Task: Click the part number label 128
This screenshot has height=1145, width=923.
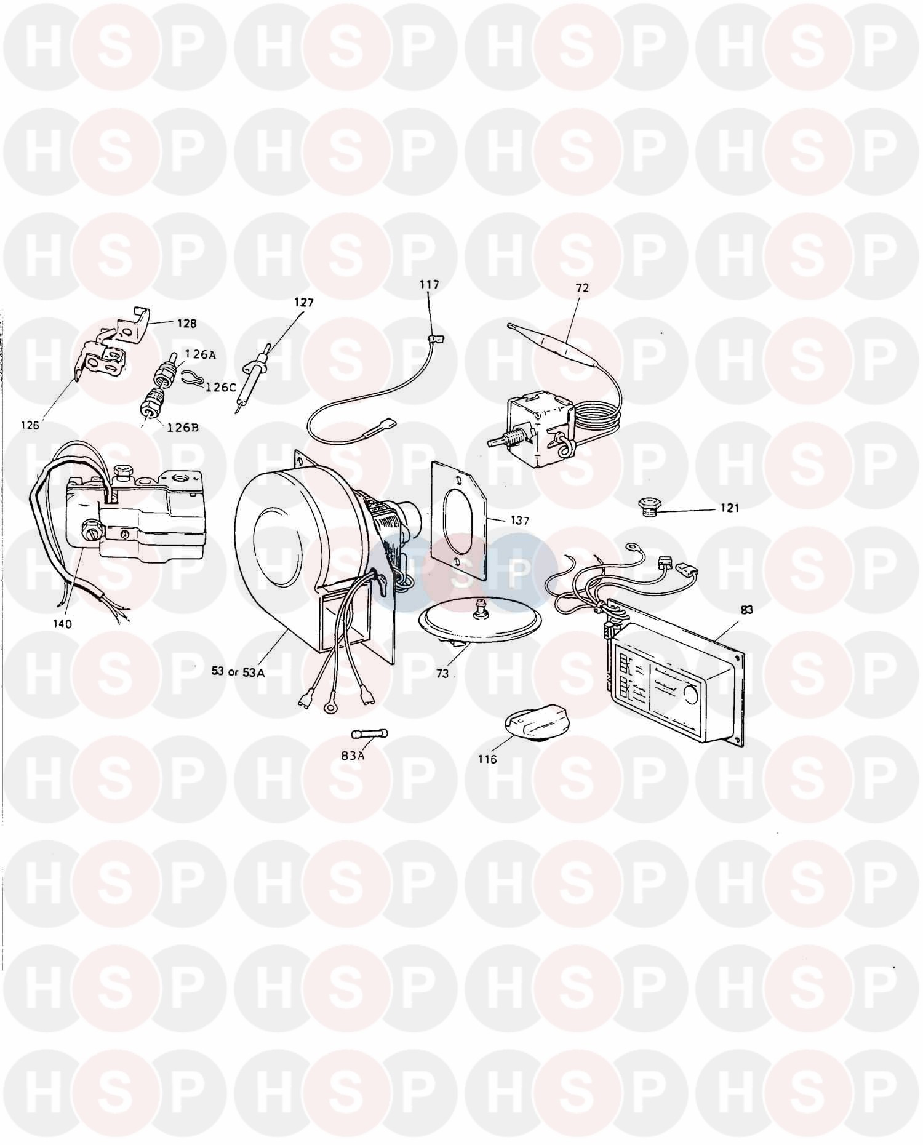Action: [x=187, y=323]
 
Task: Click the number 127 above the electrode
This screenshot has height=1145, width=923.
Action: [x=304, y=303]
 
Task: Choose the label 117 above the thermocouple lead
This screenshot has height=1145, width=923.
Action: [x=430, y=285]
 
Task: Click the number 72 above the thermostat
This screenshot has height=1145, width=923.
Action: [x=583, y=287]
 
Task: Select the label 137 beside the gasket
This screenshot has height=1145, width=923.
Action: [x=519, y=521]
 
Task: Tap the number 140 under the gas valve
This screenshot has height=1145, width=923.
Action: [x=62, y=624]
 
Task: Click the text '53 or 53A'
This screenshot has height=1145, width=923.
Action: [x=238, y=672]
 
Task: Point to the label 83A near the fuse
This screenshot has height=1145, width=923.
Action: [x=353, y=756]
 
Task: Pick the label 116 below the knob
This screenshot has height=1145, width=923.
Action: [x=487, y=759]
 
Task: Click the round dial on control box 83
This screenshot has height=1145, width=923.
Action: [x=690, y=696]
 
